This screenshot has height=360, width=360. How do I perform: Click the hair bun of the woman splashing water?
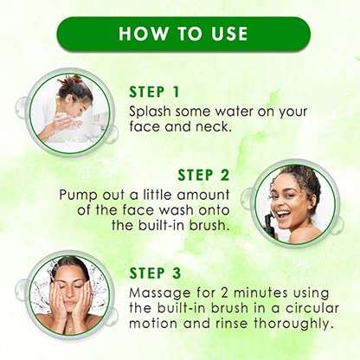pos(71,82)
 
